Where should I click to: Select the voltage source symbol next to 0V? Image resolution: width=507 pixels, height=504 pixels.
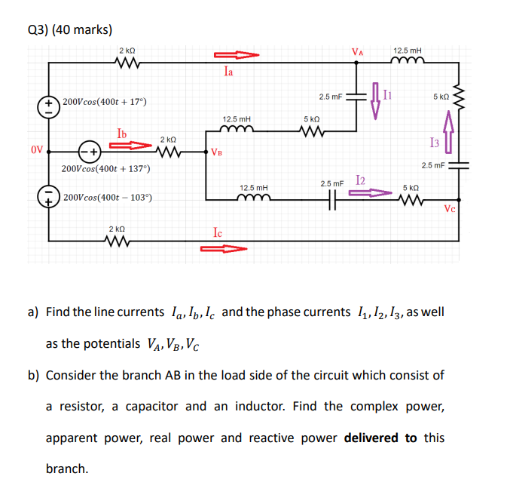[x=89, y=150]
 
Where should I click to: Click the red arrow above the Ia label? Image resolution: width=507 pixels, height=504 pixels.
[x=236, y=55]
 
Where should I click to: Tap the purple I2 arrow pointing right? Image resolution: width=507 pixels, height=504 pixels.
[x=371, y=193]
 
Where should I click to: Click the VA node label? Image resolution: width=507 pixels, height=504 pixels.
[x=358, y=52]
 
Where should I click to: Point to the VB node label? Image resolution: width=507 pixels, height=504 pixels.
[x=217, y=152]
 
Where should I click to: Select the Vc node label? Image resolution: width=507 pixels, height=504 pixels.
[x=450, y=209]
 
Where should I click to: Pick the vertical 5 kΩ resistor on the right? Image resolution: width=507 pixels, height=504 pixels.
[x=460, y=96]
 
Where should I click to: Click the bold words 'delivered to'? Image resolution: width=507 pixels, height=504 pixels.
[x=380, y=438]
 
